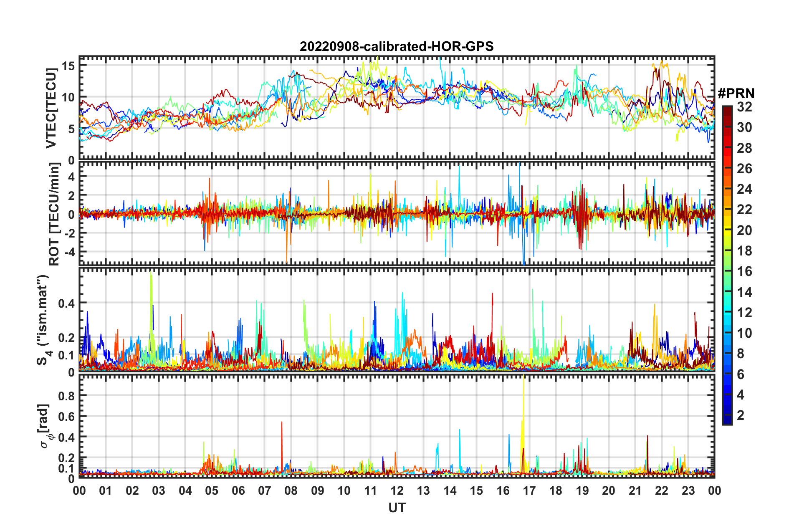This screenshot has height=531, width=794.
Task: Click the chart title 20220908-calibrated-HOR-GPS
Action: [x=397, y=46]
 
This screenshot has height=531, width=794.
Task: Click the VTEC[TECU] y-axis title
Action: [x=51, y=108]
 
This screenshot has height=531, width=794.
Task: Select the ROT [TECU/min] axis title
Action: [x=54, y=214]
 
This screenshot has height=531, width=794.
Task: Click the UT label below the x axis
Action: [x=397, y=508]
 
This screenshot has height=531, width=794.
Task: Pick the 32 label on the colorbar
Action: [x=744, y=107]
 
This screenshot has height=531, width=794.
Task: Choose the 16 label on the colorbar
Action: [x=744, y=271]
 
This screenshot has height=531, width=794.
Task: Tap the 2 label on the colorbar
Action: [x=741, y=415]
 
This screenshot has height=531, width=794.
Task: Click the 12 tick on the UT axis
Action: [x=397, y=491]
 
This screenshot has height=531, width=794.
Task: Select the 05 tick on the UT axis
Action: [x=211, y=491]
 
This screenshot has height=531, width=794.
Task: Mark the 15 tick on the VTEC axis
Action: [x=68, y=66]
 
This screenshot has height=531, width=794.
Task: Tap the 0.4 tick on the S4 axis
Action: [x=67, y=303]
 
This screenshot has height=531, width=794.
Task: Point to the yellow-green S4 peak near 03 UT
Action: [x=151, y=292]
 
